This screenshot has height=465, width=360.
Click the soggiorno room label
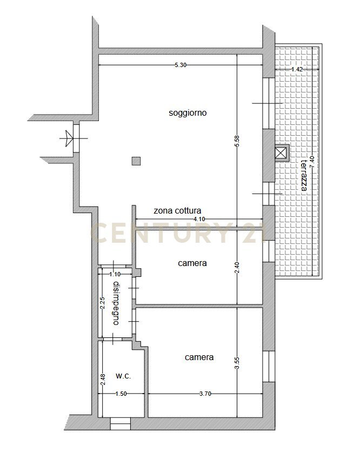pyautogui.click(x=188, y=113)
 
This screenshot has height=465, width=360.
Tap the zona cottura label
pyautogui.click(x=177, y=211)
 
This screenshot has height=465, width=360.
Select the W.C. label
pyautogui.click(x=123, y=377)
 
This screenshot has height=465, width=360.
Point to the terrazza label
pyautogui.click(x=304, y=176)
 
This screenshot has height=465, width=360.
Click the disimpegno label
pyautogui.click(x=116, y=303)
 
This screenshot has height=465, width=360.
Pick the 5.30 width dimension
pyautogui.click(x=181, y=65)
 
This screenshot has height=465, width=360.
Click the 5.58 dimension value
pyautogui.click(x=237, y=141)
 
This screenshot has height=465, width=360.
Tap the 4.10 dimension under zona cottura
pyautogui.click(x=199, y=219)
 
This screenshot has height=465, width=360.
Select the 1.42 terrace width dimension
pyautogui.click(x=297, y=69)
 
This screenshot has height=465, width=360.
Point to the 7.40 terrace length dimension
pyautogui.click(x=312, y=162)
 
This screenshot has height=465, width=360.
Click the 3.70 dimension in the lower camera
pyautogui.click(x=205, y=394)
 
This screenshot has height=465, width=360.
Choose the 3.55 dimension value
pyautogui.click(x=237, y=363)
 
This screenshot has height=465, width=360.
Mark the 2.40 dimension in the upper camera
pyautogui.click(x=237, y=268)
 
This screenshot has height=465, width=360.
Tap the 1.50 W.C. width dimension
pyautogui.click(x=121, y=394)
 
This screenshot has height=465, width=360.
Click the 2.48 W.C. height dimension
pyautogui.click(x=103, y=379)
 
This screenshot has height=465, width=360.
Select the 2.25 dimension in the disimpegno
pyautogui.click(x=103, y=303)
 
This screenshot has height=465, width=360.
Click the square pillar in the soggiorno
pyautogui.click(x=136, y=161)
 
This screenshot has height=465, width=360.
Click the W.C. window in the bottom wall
pyautogui.click(x=121, y=423)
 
